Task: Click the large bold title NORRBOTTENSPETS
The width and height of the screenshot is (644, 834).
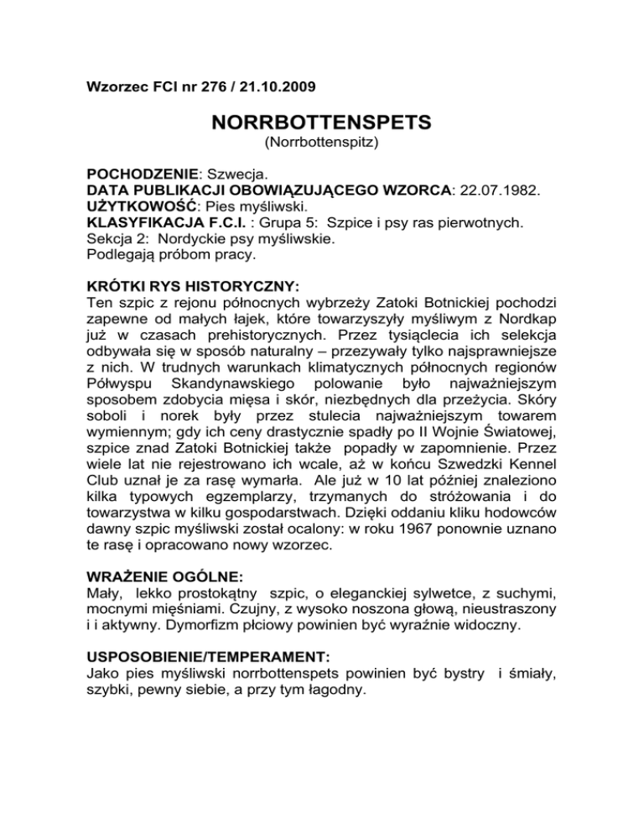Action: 321,122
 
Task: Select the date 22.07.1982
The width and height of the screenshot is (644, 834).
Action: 500,193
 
